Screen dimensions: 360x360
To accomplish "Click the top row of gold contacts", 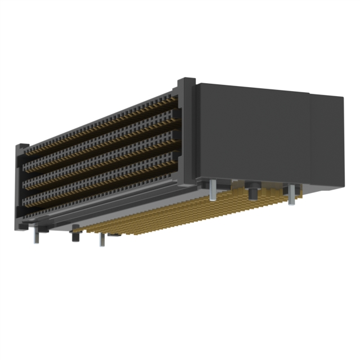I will [101, 127].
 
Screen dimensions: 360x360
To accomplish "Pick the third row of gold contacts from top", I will [101, 169].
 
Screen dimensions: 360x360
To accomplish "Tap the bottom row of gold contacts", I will [101, 189].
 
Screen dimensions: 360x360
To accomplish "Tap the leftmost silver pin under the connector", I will [36, 235].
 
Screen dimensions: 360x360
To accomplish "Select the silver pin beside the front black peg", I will [101, 239].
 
